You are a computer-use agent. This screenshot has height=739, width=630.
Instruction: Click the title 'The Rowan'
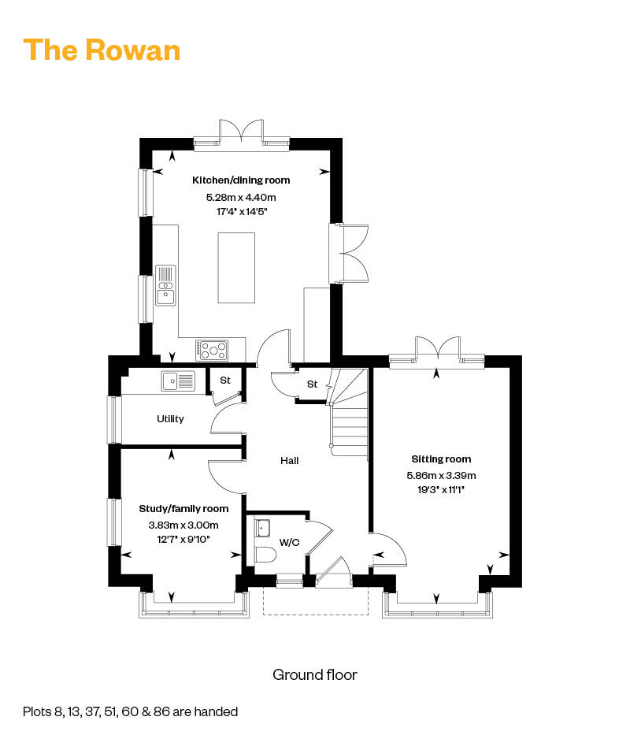[x=102, y=50]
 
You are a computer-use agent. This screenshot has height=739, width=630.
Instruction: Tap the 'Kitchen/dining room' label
[x=241, y=180]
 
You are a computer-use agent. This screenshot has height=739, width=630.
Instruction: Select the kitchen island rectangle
[x=236, y=267]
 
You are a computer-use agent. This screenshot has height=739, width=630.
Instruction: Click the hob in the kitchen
[x=212, y=350]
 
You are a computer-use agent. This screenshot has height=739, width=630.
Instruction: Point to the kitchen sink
[x=165, y=285]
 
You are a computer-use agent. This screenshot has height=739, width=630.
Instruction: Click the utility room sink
[x=178, y=381]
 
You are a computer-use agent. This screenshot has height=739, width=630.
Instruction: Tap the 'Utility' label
[x=170, y=418]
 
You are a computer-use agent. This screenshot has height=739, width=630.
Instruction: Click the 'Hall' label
[x=289, y=460]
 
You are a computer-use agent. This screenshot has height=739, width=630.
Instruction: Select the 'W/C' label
[x=289, y=543]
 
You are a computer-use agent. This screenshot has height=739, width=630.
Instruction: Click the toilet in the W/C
[x=265, y=555]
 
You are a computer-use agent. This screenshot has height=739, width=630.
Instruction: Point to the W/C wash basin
[x=262, y=529]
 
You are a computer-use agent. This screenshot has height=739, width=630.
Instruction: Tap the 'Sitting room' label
[x=441, y=459]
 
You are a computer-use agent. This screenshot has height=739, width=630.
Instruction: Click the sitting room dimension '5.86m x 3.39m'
[x=441, y=476]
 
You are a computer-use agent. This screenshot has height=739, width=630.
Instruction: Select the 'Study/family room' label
[x=183, y=509]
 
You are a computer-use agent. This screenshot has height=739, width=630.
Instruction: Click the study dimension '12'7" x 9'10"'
[x=183, y=539]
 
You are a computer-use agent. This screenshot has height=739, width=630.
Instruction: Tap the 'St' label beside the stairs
[x=312, y=384]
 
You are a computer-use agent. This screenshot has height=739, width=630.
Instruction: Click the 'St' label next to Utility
[x=225, y=380]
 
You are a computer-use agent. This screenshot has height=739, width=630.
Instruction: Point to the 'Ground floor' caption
[x=315, y=675]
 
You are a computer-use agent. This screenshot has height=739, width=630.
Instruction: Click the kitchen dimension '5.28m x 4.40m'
[x=241, y=198]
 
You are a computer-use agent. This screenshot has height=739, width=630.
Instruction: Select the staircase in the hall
[x=349, y=412]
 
